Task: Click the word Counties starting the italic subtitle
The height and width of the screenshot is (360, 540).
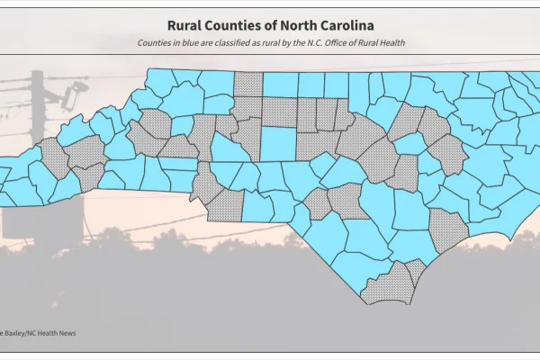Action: point(157,43)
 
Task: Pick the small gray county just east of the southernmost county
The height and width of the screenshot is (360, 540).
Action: point(416,271)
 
